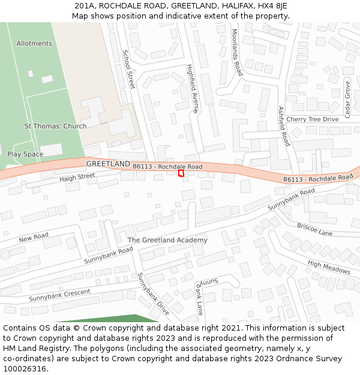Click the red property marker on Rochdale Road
coord(181,173)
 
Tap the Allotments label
coord(34,44)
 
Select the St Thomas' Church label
coord(55,126)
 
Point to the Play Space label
coord(25,154)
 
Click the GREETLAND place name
coord(108,164)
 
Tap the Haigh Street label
coord(77,177)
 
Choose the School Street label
coord(128,69)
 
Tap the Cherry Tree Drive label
coord(312,119)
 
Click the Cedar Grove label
coord(347,99)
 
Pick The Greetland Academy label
coord(167,240)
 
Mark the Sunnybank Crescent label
coord(59,295)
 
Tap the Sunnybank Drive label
coord(153,293)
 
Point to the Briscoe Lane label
coord(314,229)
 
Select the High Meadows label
coord(329,267)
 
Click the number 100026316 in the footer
coord(25,368)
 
